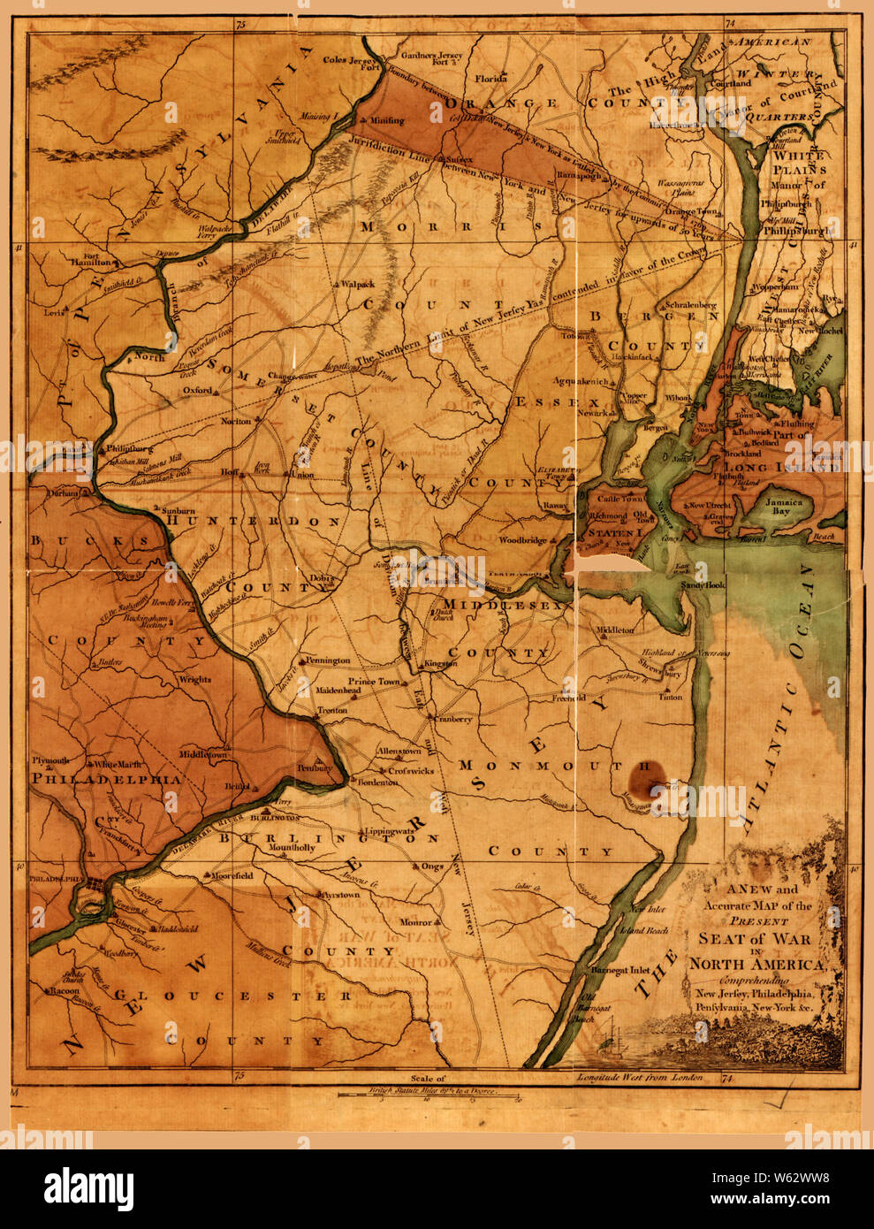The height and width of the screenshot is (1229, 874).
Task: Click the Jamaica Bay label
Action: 783,507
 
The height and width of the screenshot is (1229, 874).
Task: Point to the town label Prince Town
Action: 375,682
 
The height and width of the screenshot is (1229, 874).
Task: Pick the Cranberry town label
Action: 453,719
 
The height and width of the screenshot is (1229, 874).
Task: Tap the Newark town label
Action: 594,413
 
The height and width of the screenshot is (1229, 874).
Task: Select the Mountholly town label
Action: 292,847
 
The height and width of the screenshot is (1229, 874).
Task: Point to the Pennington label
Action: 327,660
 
